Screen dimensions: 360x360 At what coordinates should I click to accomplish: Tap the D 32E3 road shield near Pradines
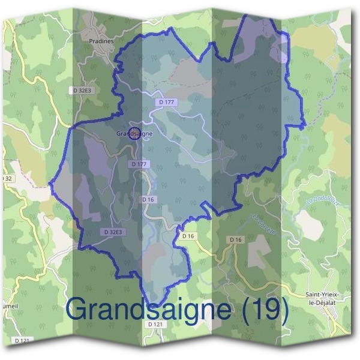[82, 90]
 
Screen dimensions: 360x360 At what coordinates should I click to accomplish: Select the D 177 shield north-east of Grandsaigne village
[167, 103]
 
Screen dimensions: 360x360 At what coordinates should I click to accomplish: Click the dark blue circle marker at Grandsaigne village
[135, 134]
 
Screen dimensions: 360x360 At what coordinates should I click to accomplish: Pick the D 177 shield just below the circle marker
[138, 164]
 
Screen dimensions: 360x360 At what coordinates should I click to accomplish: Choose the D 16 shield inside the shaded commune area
[148, 199]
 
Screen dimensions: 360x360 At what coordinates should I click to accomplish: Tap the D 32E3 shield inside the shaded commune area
[113, 232]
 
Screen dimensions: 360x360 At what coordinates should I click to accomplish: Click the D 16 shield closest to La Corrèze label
[235, 239]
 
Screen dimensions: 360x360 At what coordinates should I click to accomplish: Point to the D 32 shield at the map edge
[6, 178]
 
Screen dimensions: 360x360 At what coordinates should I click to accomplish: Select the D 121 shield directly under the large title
[154, 324]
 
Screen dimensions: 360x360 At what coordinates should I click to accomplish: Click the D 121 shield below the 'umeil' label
[23, 341]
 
